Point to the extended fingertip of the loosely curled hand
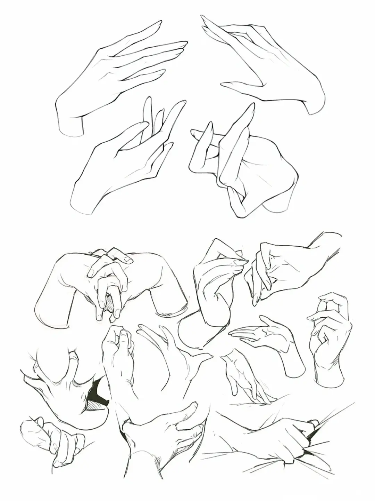[x=309, y=317]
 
